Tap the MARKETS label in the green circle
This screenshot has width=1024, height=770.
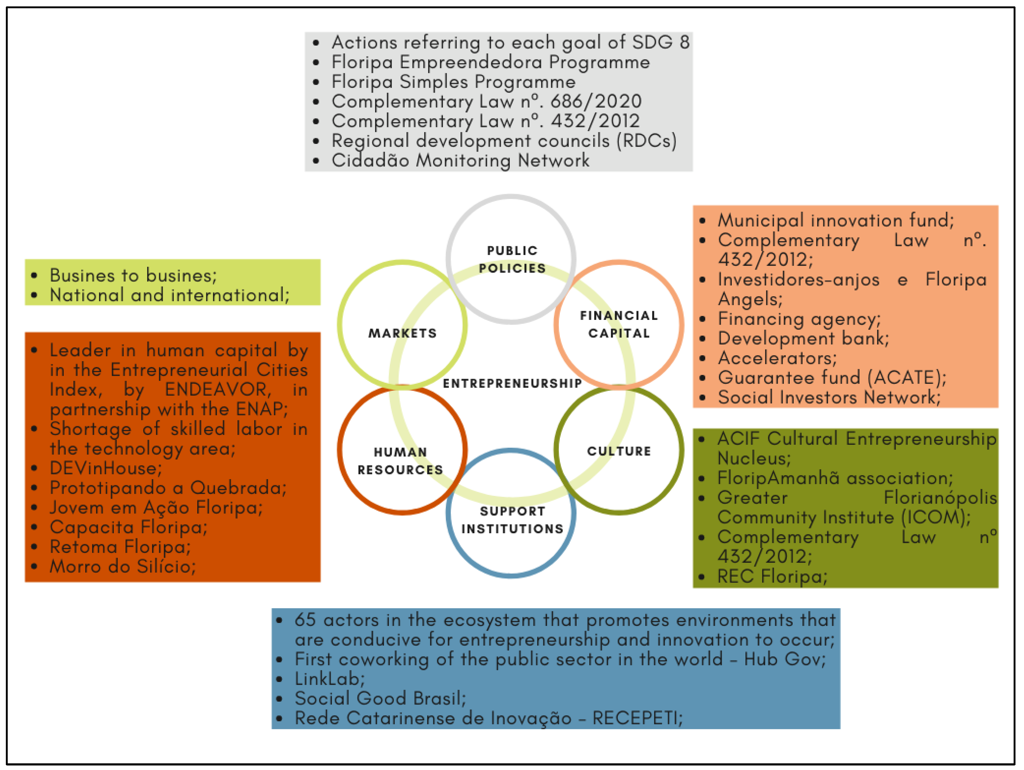coord(402,333)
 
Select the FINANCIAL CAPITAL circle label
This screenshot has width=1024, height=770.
coord(619,324)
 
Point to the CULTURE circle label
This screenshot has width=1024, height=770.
coord(619,451)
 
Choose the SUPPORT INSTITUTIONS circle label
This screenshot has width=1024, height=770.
coord(512,520)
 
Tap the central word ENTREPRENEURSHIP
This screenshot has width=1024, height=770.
coord(512,383)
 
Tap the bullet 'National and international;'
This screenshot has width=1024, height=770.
coord(170,295)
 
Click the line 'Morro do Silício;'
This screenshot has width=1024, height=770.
coord(123,566)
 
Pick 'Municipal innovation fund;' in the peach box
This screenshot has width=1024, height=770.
coord(836,220)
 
